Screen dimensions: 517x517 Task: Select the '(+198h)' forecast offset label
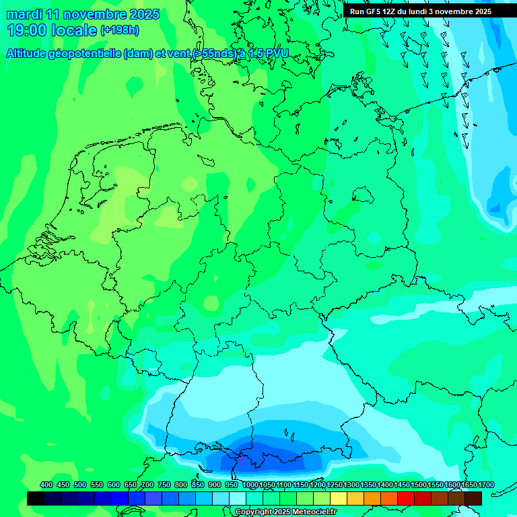(120, 30)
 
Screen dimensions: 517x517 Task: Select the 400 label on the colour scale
(46, 485)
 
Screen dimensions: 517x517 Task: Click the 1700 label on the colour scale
(486, 485)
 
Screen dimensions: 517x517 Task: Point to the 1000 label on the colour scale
(250, 485)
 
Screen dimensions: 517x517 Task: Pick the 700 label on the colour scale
(147, 485)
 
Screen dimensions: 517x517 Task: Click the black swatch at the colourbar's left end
(36, 498)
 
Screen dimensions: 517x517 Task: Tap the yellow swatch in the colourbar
(339, 498)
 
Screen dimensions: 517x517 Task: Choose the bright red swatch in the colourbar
(406, 498)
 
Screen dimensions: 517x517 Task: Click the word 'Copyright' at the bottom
(253, 512)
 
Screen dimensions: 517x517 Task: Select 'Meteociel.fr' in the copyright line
(314, 512)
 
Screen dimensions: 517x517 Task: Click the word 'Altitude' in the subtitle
(28, 53)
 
